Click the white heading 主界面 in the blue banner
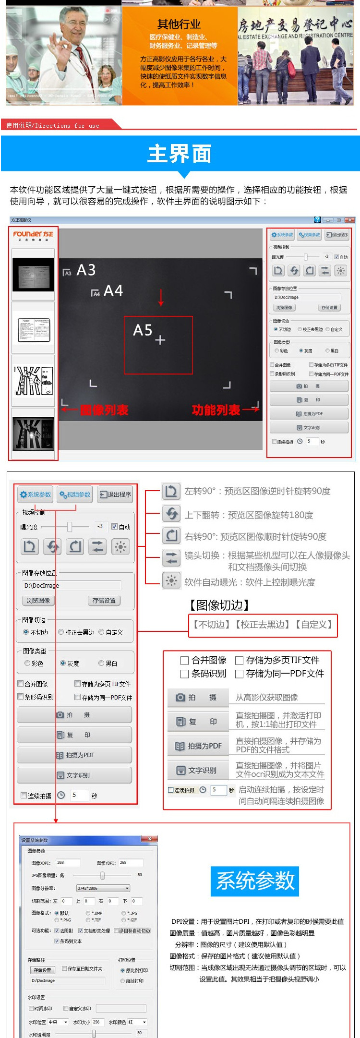click(180, 154)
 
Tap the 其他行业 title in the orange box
click(179, 24)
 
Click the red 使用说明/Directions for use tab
click(53, 125)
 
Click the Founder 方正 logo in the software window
click(33, 235)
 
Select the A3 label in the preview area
click(86, 270)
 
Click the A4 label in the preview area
click(113, 290)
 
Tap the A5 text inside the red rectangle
click(143, 330)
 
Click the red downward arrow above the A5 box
click(161, 298)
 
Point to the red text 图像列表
click(104, 410)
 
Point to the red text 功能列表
click(216, 410)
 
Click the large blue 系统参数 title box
click(255, 881)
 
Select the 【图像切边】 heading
click(219, 605)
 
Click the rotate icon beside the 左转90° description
click(171, 491)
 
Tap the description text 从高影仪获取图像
click(266, 697)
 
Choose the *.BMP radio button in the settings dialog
click(88, 913)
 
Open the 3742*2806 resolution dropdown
click(103, 888)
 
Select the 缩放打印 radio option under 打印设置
click(123, 981)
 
